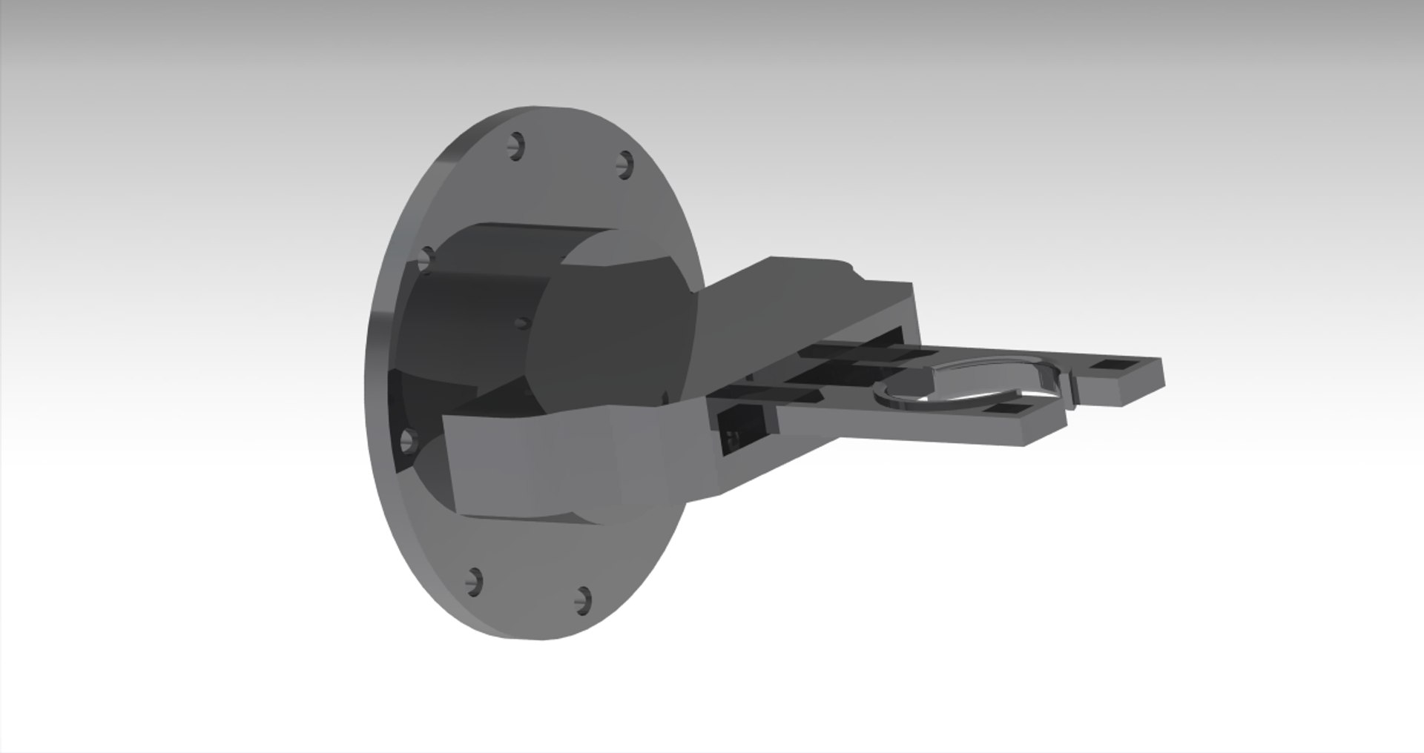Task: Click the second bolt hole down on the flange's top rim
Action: (x=626, y=164)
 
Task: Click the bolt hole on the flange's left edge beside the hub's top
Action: (x=426, y=259)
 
